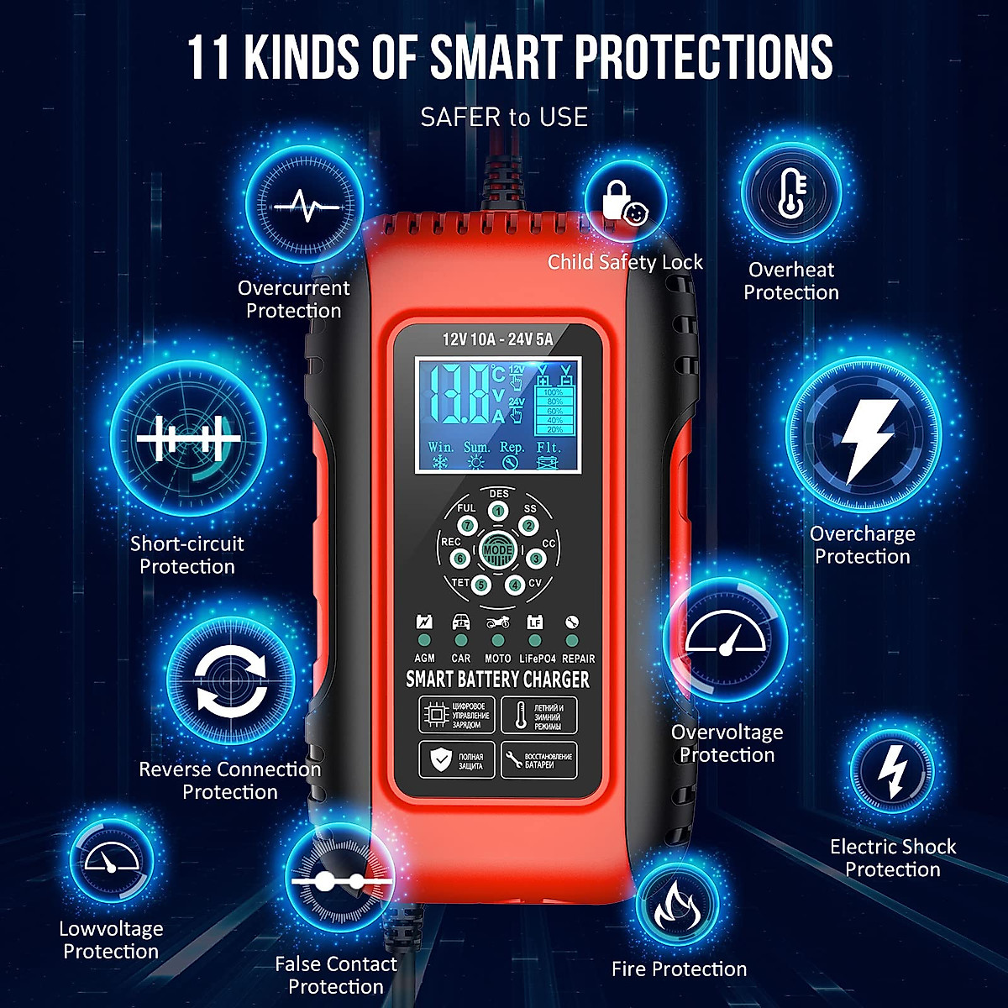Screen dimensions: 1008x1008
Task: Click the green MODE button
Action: tap(497, 550)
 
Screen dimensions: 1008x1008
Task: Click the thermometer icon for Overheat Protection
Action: tap(791, 193)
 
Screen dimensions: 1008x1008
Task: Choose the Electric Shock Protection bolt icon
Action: tap(890, 771)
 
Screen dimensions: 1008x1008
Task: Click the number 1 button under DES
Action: tap(499, 511)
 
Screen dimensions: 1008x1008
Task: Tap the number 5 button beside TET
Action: tap(481, 585)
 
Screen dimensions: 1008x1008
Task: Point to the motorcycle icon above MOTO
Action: tap(498, 622)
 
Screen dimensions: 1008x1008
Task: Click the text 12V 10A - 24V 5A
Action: tap(497, 339)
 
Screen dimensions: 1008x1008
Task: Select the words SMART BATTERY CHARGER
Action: tap(497, 679)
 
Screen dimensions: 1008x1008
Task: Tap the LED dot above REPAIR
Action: tap(572, 641)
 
